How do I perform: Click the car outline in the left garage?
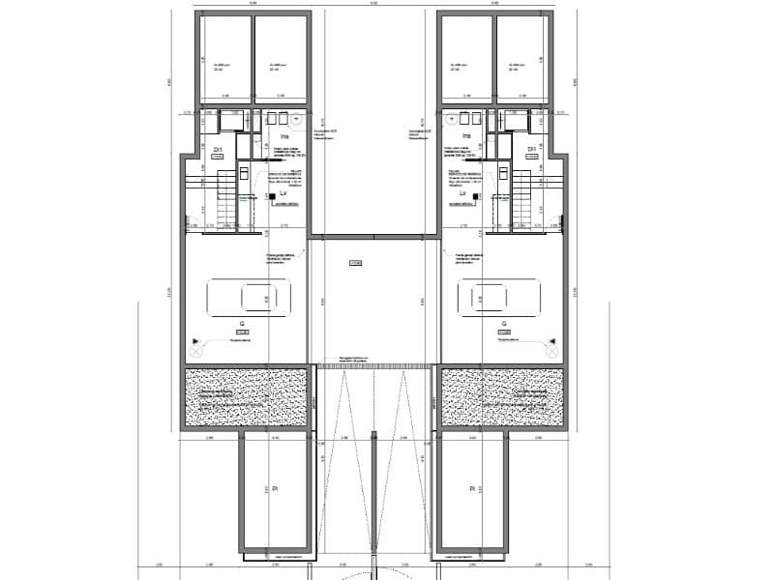(247, 296)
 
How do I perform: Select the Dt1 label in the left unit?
(218, 149)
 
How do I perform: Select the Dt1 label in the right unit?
(531, 149)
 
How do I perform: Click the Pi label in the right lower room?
(472, 489)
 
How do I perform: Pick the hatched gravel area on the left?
(247, 396)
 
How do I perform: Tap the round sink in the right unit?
(451, 121)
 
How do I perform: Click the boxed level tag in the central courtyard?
(355, 261)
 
